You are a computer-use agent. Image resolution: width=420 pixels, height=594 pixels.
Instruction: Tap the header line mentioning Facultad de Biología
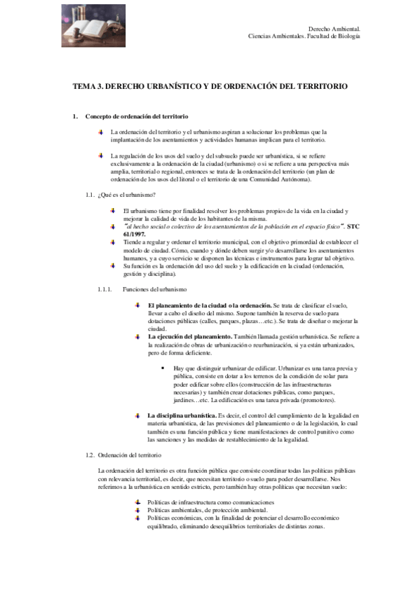(304, 35)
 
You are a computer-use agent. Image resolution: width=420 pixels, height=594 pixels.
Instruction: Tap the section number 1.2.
(89, 455)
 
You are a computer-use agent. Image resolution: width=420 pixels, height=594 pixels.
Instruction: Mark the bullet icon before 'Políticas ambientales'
(137, 511)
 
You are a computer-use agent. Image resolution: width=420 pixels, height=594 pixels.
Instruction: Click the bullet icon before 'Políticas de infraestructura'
(137, 503)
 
